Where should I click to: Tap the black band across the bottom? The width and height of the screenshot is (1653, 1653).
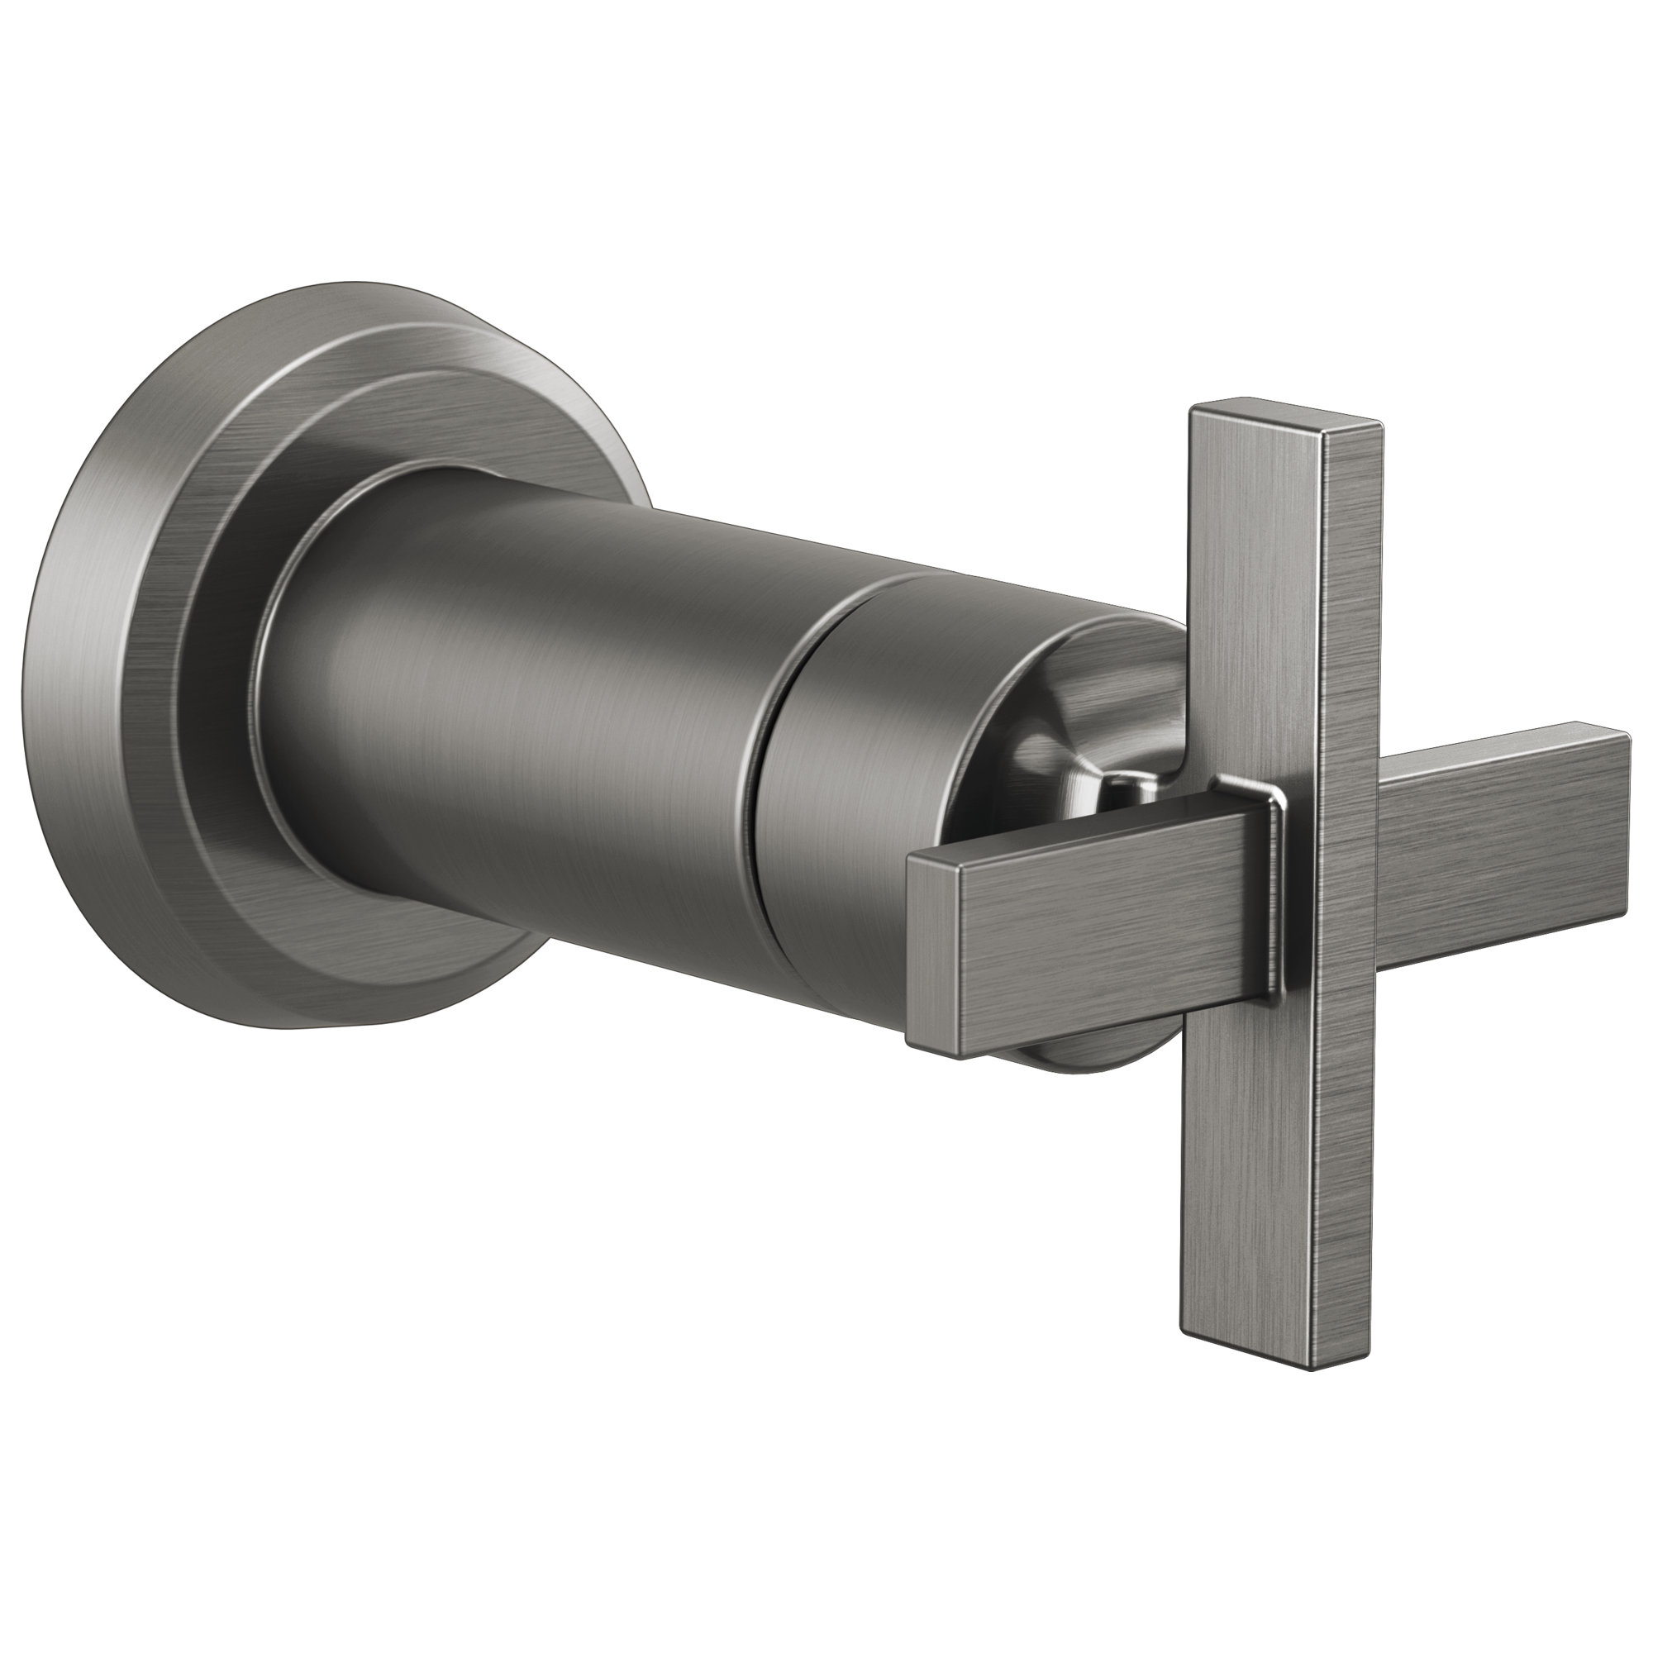(x=826, y=1523)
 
